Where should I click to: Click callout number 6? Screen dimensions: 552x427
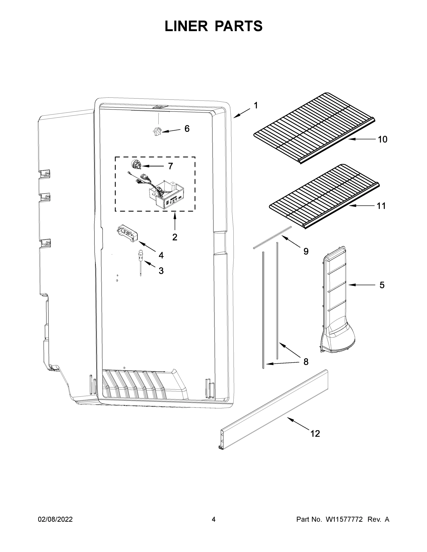tap(187, 129)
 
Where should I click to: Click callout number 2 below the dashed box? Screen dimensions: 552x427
tap(174, 237)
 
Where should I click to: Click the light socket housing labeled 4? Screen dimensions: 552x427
tap(128, 233)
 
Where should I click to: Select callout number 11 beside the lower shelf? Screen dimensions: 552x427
tap(381, 206)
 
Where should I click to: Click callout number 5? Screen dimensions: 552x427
tap(382, 285)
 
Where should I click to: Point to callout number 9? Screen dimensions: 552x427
tap(306, 251)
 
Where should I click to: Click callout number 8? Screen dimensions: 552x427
tap(306, 362)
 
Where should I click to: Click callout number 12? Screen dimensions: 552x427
tap(315, 434)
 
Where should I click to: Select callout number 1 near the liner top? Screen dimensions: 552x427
tap(256, 105)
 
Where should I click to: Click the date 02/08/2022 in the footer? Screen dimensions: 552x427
tap(55, 519)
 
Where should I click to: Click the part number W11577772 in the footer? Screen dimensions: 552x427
tap(344, 519)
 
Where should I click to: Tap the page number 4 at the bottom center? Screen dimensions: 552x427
tap(214, 519)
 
